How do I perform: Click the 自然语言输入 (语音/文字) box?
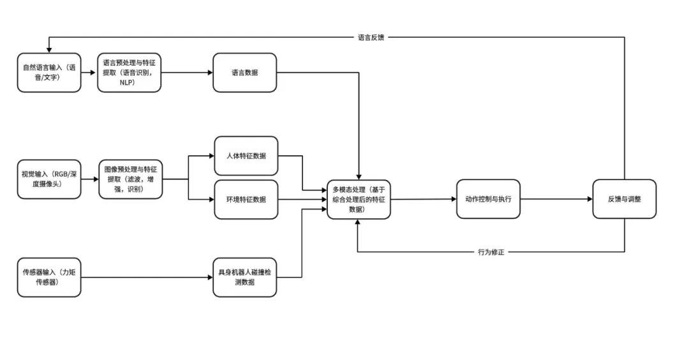click(49, 73)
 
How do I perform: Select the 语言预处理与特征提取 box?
click(130, 73)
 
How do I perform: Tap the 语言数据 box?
click(245, 73)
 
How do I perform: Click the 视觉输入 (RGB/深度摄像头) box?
click(49, 179)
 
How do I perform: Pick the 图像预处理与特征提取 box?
click(130, 179)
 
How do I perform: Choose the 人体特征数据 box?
click(246, 156)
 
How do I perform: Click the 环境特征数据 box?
click(246, 199)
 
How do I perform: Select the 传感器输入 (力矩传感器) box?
click(49, 277)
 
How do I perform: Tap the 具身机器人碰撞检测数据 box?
click(245, 277)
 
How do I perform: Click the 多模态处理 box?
click(359, 199)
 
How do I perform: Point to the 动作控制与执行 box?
click(488, 199)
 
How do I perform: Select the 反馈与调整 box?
click(624, 199)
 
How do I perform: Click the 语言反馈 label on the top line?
click(371, 37)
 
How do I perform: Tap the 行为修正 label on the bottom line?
click(491, 252)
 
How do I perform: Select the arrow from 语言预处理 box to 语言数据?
click(187, 73)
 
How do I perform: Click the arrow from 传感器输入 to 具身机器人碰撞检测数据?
click(147, 277)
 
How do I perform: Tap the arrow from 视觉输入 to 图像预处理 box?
click(90, 179)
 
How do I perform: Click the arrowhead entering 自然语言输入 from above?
click(49, 50)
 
